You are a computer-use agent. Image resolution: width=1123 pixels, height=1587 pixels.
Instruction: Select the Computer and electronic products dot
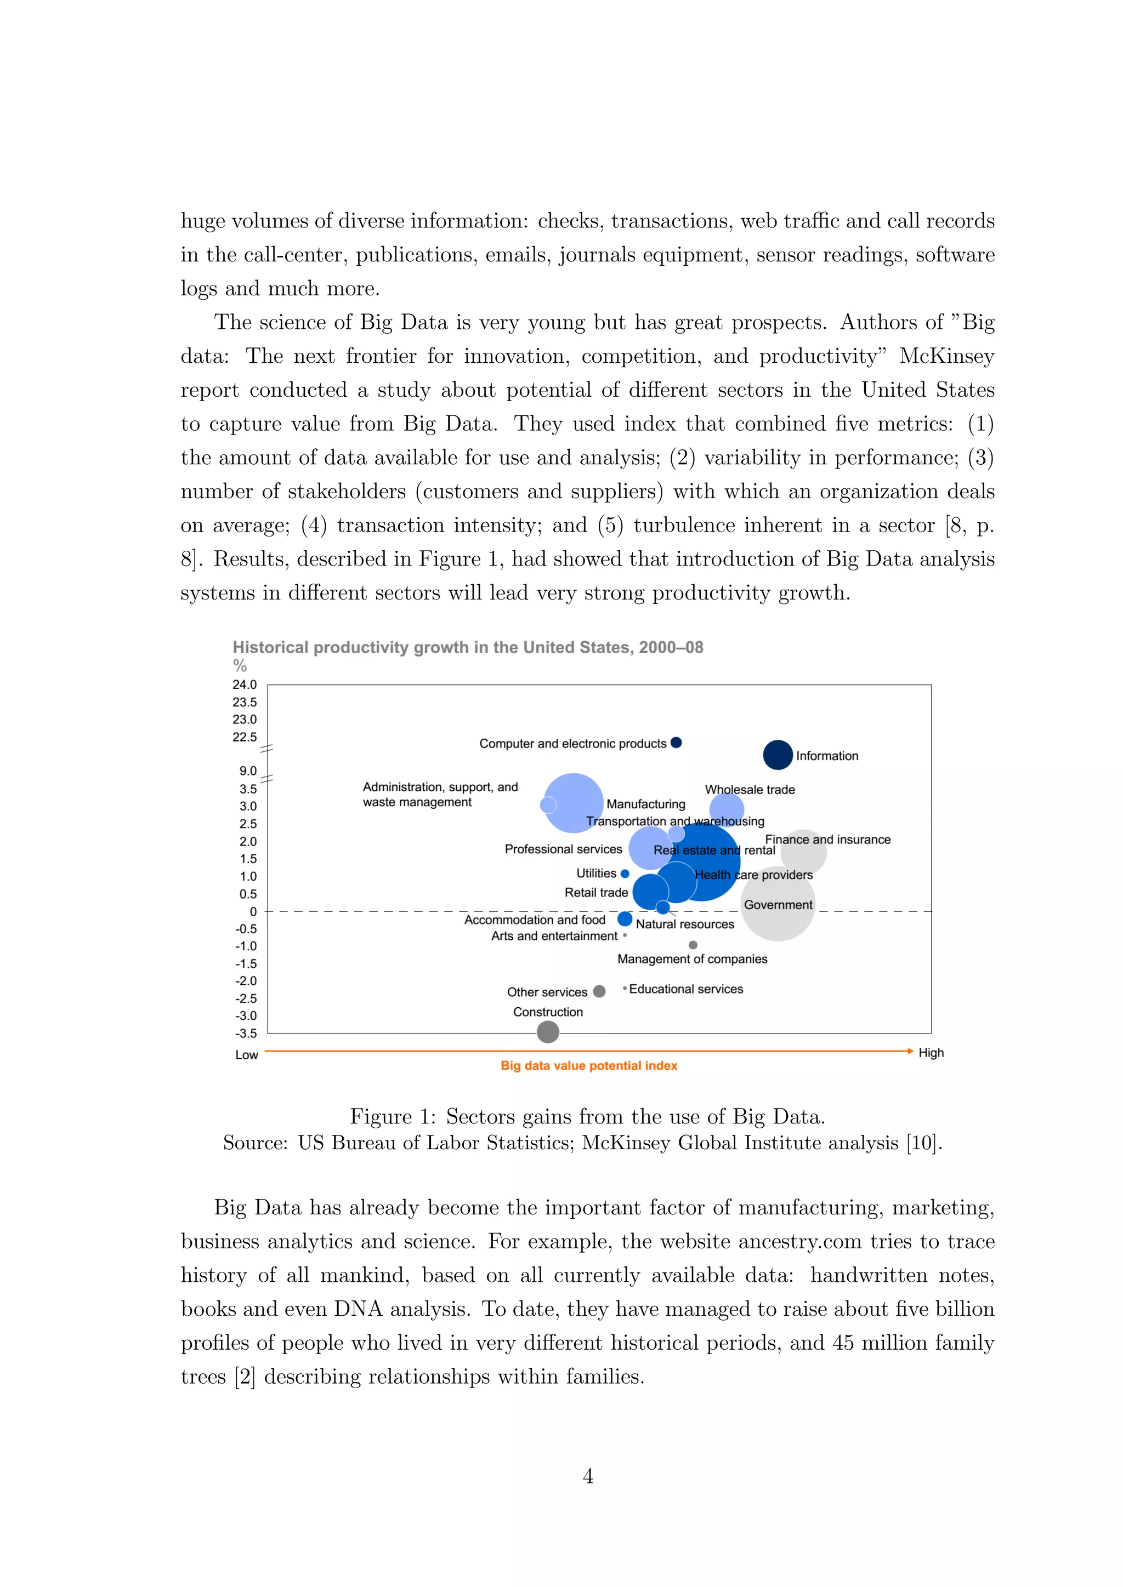(x=676, y=743)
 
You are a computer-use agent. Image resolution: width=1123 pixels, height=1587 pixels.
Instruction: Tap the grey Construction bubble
(x=548, y=1032)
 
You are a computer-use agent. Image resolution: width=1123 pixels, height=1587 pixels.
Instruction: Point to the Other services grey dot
(x=599, y=991)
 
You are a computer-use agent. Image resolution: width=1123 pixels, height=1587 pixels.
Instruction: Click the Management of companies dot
(x=693, y=945)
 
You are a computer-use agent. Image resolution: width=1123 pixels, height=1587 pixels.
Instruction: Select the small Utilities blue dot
(x=625, y=874)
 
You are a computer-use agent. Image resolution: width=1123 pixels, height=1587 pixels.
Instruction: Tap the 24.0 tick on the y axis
(x=244, y=684)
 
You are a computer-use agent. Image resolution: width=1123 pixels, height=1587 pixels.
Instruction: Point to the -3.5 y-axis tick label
(x=246, y=1034)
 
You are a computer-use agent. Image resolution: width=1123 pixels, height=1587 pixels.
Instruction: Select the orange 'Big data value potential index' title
(x=588, y=1065)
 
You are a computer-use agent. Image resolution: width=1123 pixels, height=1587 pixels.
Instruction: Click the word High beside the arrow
(x=931, y=1053)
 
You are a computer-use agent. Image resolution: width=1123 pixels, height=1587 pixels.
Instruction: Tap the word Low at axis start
(x=246, y=1055)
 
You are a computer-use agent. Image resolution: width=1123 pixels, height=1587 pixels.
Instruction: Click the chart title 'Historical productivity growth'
(x=467, y=647)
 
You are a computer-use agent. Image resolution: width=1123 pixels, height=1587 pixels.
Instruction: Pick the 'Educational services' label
(x=686, y=989)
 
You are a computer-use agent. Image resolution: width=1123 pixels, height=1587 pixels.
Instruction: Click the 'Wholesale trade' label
(x=750, y=789)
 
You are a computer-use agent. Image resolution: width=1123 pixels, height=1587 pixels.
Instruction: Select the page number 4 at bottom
(x=588, y=1476)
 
